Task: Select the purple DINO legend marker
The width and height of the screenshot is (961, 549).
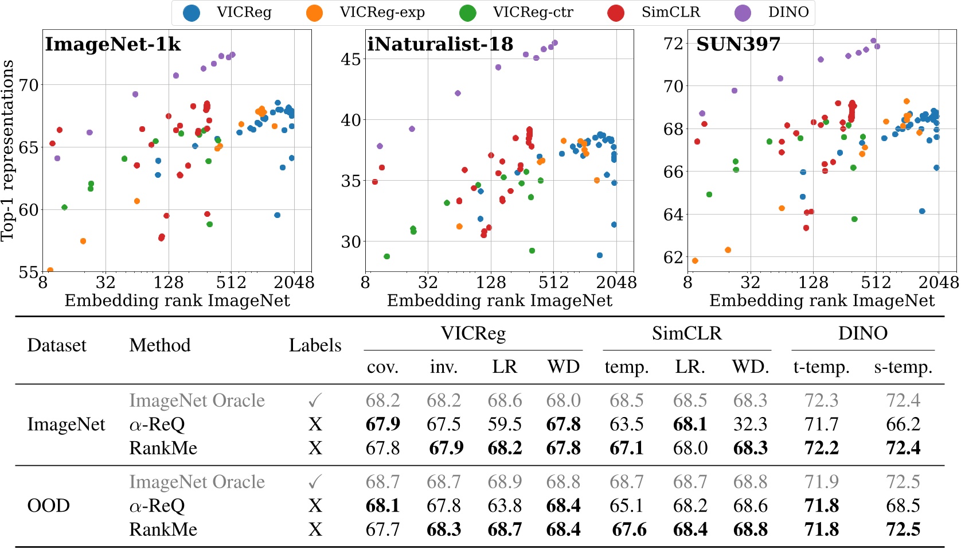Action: click(743, 13)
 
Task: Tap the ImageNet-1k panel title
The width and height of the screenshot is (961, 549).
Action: click(113, 44)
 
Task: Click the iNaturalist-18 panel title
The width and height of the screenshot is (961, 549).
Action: click(440, 44)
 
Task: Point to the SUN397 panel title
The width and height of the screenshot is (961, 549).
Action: click(738, 44)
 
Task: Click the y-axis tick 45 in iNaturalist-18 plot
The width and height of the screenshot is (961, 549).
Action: click(351, 59)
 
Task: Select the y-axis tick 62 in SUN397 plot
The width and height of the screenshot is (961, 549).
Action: click(673, 257)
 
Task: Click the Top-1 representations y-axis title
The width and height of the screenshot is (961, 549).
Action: click(8, 151)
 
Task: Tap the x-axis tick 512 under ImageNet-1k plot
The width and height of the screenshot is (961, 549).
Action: click(231, 282)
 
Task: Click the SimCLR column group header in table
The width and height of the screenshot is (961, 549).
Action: click(686, 333)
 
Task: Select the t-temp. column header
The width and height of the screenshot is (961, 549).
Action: click(821, 367)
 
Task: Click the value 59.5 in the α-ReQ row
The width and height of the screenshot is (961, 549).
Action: click(505, 425)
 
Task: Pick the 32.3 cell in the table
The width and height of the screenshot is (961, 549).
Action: click(750, 425)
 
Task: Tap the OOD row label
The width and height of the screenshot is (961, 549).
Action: click(49, 506)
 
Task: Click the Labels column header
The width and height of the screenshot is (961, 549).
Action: click(315, 345)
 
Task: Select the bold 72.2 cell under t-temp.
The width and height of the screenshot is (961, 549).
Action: click(821, 448)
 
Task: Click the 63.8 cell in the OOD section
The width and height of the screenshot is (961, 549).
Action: click(505, 506)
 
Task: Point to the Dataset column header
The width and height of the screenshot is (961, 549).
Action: click(57, 345)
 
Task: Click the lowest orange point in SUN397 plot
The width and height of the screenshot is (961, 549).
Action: click(695, 260)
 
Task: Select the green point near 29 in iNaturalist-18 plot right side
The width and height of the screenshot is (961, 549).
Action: click(532, 251)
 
